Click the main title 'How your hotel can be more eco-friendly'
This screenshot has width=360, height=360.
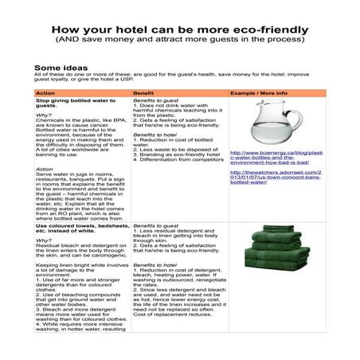coord(180,27)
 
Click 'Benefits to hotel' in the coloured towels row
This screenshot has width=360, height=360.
coord(153,263)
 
